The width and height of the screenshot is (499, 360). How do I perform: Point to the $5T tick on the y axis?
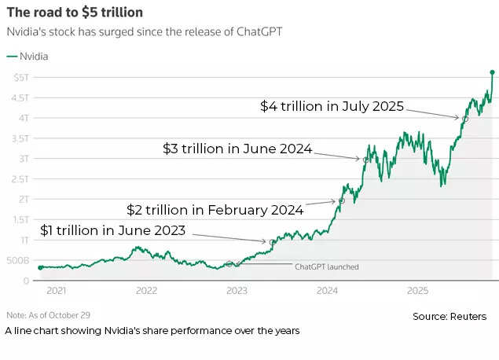21,77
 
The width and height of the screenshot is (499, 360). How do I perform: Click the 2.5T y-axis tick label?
20,178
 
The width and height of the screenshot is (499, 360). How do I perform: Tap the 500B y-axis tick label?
18,260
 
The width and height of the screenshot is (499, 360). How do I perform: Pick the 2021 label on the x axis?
56,290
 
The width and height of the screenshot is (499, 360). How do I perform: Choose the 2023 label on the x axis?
237,290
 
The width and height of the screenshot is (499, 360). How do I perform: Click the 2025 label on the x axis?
417,290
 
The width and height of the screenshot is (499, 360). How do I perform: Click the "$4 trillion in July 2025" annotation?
332,106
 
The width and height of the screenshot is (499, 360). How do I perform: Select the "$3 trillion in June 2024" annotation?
237,149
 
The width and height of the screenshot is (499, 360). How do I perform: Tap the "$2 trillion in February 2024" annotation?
215,210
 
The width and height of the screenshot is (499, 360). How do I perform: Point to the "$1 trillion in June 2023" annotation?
113,230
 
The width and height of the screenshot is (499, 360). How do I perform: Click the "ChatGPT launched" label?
326,267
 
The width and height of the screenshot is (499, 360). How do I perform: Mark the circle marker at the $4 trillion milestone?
465,119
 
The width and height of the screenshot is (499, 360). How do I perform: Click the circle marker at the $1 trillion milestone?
273,242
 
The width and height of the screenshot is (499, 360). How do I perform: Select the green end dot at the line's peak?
493,72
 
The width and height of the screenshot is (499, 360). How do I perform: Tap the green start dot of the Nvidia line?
40,267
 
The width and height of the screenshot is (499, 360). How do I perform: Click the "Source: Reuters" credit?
449,316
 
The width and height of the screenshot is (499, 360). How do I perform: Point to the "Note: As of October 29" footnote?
49,314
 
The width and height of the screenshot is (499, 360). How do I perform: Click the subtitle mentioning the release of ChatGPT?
144,32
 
